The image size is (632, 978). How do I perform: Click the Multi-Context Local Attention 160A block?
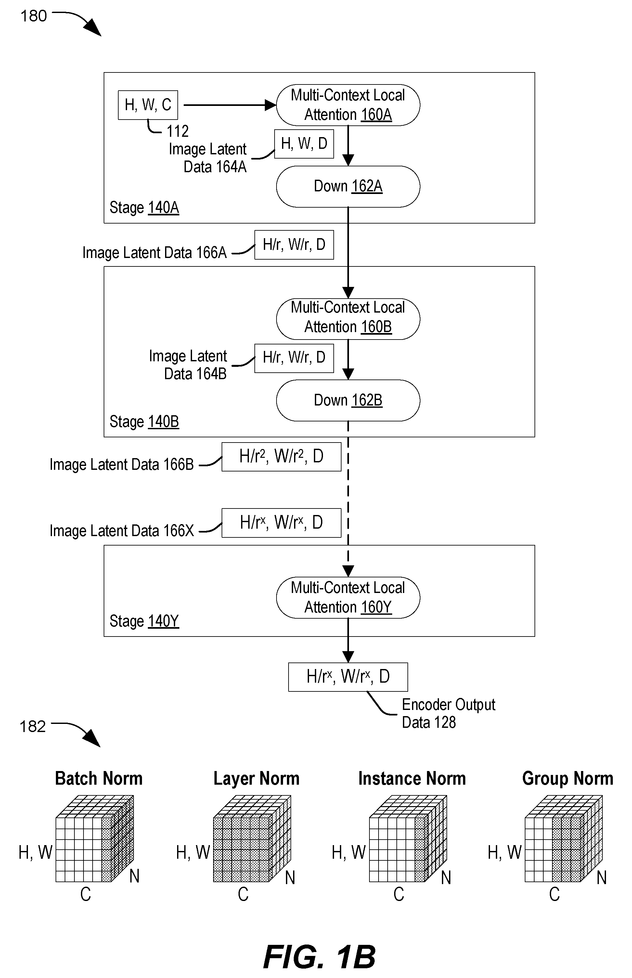click(348, 105)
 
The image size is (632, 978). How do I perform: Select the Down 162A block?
click(348, 187)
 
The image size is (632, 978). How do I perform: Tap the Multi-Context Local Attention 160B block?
click(348, 319)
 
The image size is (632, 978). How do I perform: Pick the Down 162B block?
click(348, 400)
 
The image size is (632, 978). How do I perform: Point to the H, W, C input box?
click(148, 105)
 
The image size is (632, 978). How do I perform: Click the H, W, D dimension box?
click(304, 144)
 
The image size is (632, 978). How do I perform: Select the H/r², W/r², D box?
click(281, 457)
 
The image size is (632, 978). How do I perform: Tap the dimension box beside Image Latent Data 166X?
click(281, 523)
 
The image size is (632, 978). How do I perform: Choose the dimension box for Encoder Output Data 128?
click(348, 677)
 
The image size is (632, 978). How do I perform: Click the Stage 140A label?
click(144, 208)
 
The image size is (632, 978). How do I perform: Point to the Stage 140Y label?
click(144, 621)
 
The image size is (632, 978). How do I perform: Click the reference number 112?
click(178, 131)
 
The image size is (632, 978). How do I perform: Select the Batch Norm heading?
click(99, 778)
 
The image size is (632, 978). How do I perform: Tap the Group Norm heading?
click(568, 778)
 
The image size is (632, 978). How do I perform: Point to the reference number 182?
click(32, 727)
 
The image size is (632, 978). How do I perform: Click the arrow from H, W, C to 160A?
click(230, 105)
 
